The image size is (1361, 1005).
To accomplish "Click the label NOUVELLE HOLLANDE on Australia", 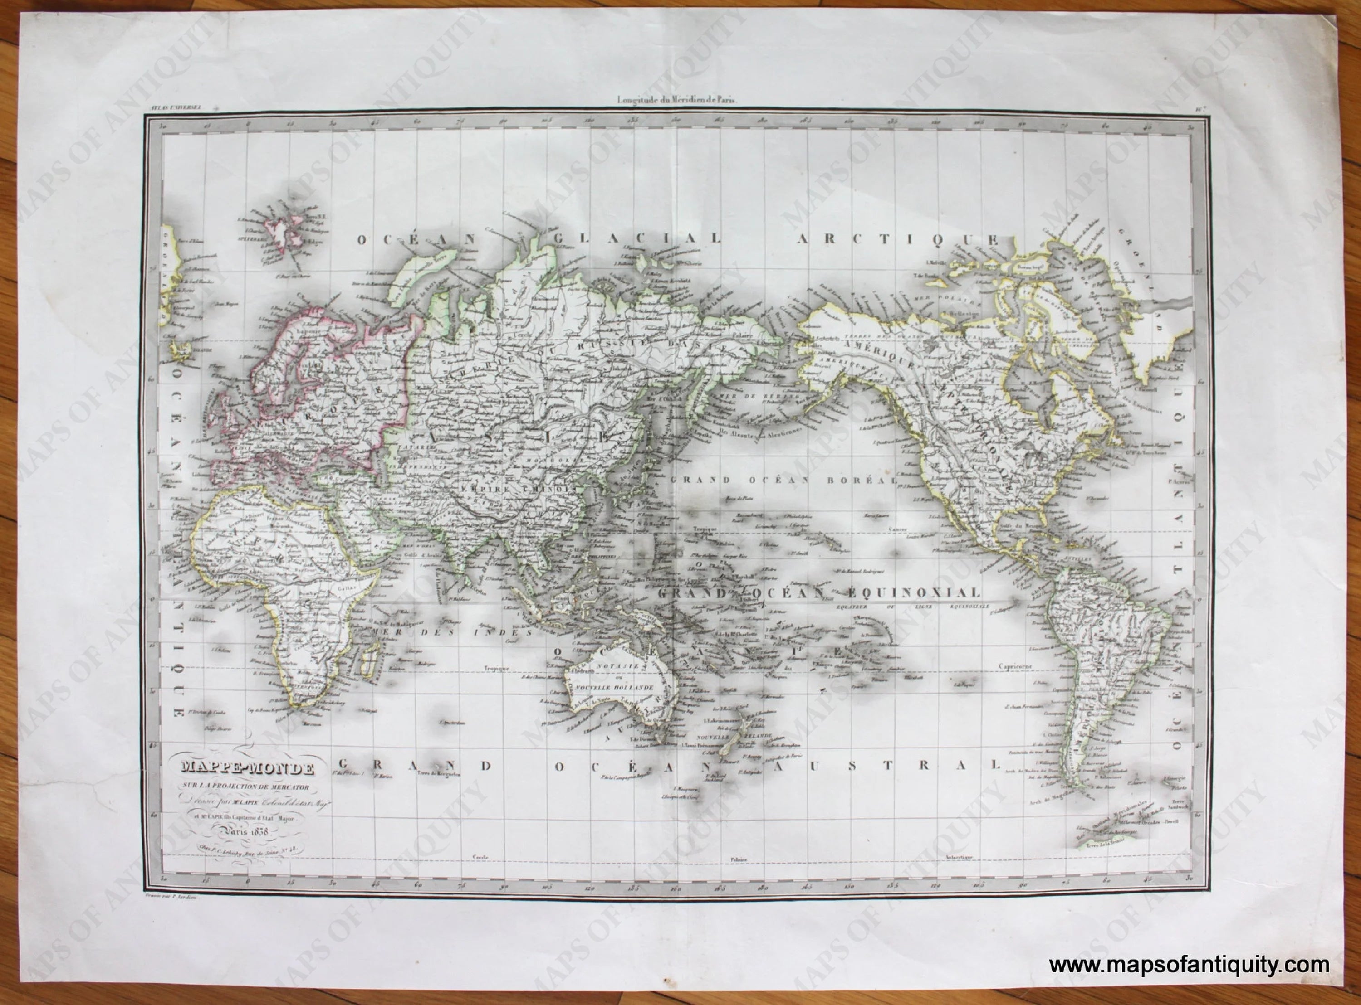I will point(615,687).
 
